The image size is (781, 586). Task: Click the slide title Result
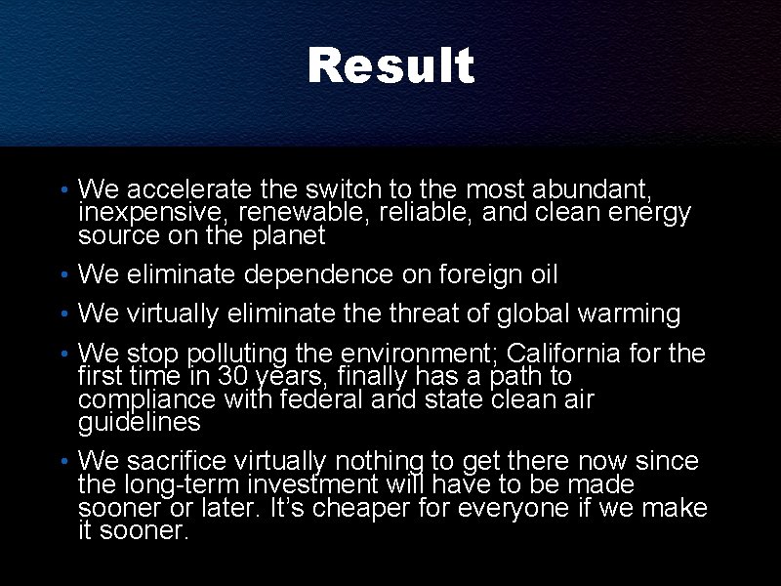tap(390, 66)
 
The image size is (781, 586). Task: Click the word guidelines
tap(140, 423)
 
